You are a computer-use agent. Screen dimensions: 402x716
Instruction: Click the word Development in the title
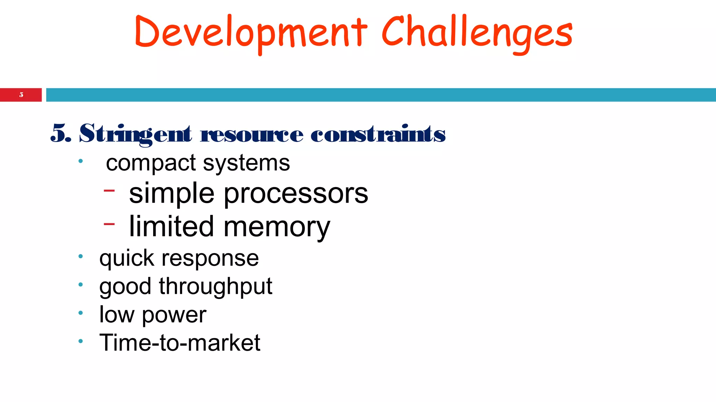coord(250,32)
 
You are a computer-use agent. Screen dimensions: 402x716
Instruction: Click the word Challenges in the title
coord(477,32)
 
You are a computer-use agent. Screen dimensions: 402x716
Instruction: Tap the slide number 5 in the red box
coord(21,95)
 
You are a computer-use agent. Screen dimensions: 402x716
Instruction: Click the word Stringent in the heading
coord(135,134)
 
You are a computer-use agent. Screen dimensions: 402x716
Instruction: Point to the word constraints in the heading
coord(378,134)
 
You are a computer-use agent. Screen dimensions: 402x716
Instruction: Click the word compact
coord(151,163)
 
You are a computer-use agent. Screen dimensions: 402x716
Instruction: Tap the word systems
coord(246,163)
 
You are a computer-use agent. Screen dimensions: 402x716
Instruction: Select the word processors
coord(296,194)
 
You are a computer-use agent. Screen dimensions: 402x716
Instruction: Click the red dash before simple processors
coord(109,191)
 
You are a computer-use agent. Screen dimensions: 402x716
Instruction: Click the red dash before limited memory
coord(109,224)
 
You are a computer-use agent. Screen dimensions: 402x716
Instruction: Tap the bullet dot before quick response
coord(80,256)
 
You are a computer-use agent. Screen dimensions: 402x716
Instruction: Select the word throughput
coord(215,287)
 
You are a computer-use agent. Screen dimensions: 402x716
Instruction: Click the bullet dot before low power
coord(80,313)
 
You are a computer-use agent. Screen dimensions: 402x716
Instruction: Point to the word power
coord(174,315)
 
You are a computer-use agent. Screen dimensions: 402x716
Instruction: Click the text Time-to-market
coord(180,343)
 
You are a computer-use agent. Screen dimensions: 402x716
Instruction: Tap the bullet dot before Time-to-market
coord(80,341)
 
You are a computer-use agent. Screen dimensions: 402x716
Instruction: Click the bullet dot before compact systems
coord(80,161)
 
